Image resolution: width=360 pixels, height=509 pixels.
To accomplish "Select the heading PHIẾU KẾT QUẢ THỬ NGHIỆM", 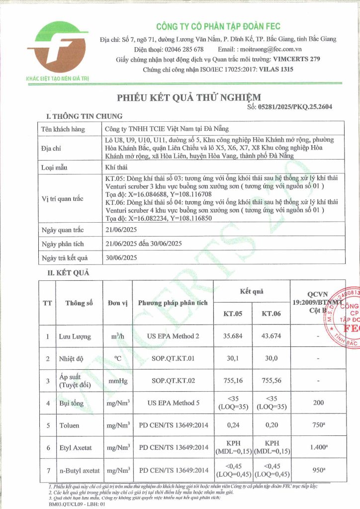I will click(x=188, y=97).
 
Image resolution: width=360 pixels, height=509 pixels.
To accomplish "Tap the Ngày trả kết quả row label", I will click(x=65, y=257).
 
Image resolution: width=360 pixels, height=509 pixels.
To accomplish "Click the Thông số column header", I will click(x=79, y=303).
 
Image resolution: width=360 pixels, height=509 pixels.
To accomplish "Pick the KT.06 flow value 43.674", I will click(x=270, y=337).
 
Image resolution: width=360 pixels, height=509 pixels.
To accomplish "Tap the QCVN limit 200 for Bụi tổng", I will click(x=318, y=403).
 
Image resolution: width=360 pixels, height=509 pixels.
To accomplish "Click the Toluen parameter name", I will click(x=69, y=426).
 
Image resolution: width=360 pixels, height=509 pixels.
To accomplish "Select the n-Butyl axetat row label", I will click(x=79, y=470).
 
